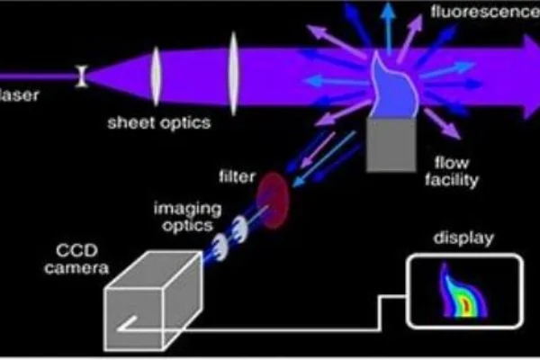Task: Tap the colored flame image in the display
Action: pyautogui.click(x=460, y=292)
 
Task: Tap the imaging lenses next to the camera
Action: pyautogui.click(x=230, y=233)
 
